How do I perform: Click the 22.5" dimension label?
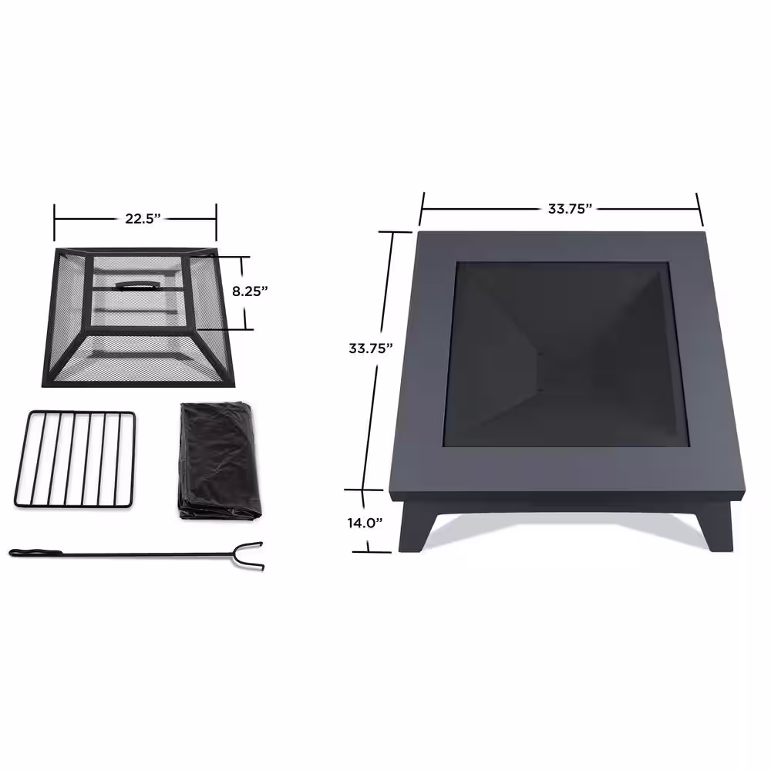(x=142, y=218)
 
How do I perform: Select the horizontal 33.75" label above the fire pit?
(x=570, y=208)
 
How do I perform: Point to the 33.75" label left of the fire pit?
(x=371, y=348)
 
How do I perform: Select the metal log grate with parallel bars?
(x=75, y=459)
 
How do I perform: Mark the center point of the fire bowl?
(x=540, y=353)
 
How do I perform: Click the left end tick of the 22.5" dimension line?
(x=55, y=223)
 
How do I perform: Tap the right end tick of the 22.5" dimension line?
(x=216, y=223)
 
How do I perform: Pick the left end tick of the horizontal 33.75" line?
(x=422, y=207)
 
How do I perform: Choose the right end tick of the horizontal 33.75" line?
(x=699, y=207)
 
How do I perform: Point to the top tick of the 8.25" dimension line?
(x=241, y=257)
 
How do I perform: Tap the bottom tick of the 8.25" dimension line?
(x=241, y=329)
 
